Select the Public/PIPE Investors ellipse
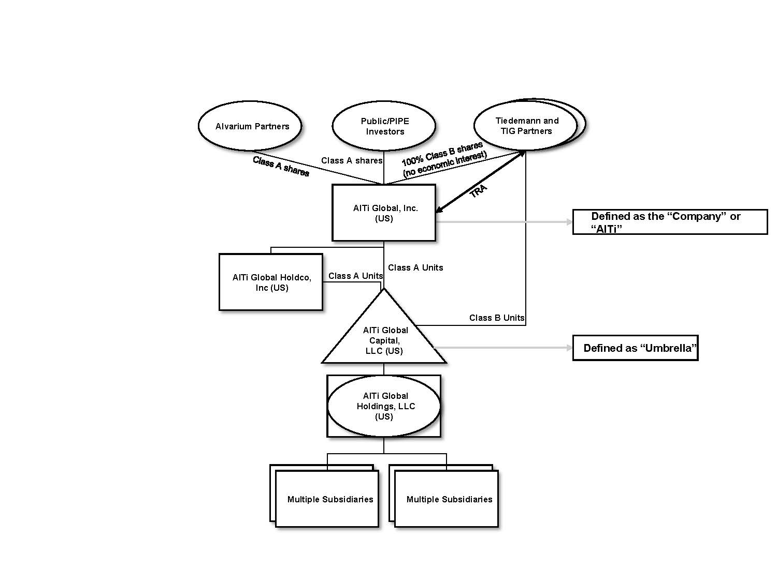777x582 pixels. [x=384, y=126]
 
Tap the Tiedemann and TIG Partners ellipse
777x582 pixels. [x=526, y=126]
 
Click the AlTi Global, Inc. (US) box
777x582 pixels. [x=384, y=213]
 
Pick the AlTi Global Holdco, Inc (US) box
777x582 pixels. [x=271, y=282]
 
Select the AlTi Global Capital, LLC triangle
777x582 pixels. [x=384, y=339]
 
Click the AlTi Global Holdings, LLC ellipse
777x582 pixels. [x=384, y=406]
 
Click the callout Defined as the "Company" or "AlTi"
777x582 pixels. [x=670, y=222]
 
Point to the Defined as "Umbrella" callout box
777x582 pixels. [x=636, y=348]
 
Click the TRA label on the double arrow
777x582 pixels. [x=478, y=191]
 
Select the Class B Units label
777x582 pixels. [x=497, y=318]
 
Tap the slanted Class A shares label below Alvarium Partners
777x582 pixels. [x=281, y=167]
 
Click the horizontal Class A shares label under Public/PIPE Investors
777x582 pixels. [x=352, y=160]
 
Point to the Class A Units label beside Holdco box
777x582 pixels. [x=355, y=276]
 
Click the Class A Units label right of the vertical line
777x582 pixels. [x=415, y=267]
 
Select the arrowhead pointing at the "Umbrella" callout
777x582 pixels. [x=569, y=348]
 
